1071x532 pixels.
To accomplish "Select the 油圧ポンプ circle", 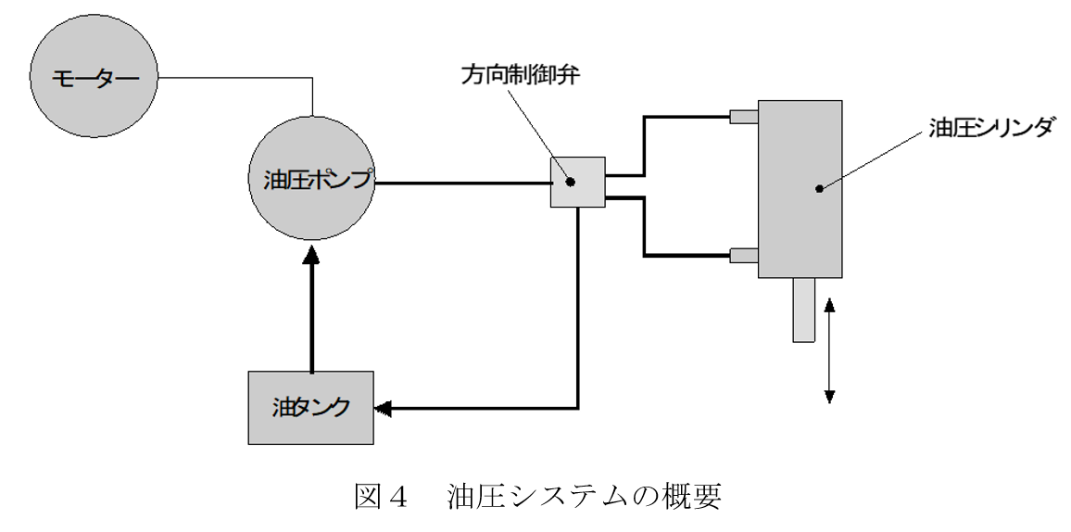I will (311, 180).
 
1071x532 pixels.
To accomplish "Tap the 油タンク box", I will (311, 407).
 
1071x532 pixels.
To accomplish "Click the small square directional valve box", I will (578, 182).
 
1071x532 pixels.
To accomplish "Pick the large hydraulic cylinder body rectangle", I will (800, 189).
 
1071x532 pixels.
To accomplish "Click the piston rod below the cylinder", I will (803, 310).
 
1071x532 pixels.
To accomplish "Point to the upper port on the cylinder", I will (744, 117).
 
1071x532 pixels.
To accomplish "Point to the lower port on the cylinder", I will (744, 255).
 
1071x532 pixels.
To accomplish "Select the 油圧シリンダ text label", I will (990, 127).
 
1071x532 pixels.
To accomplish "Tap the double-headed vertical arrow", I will (829, 350).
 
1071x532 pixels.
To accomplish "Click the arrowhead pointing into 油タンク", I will (383, 408).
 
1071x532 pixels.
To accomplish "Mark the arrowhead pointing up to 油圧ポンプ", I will (311, 261).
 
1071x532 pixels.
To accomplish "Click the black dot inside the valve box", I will (570, 182).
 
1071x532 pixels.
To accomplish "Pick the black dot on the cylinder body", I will (819, 189).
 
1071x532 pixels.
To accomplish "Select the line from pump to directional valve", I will (463, 183).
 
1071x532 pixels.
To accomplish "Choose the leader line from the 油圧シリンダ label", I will (876, 159).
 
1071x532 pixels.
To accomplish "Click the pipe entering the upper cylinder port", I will (686, 117).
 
